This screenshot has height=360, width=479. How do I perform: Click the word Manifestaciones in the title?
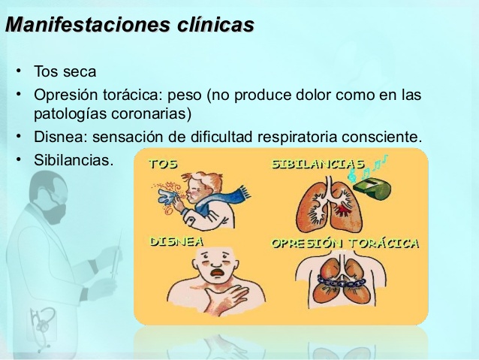(x=88, y=24)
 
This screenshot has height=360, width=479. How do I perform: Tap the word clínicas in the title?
(x=215, y=24)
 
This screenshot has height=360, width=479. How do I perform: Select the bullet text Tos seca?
(x=65, y=71)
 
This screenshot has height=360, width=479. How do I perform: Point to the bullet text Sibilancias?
(x=74, y=159)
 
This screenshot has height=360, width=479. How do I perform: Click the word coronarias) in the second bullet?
(x=151, y=114)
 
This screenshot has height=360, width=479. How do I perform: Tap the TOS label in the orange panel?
(x=163, y=165)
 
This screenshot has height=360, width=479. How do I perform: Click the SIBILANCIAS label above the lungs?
(x=318, y=165)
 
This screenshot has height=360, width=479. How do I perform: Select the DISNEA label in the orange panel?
(x=176, y=242)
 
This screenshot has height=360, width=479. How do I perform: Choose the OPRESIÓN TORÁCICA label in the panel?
(x=345, y=244)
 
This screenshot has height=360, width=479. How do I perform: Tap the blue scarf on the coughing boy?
(x=220, y=199)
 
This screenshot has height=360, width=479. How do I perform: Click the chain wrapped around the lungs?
(x=341, y=281)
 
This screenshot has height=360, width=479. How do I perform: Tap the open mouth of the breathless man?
(x=217, y=272)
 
